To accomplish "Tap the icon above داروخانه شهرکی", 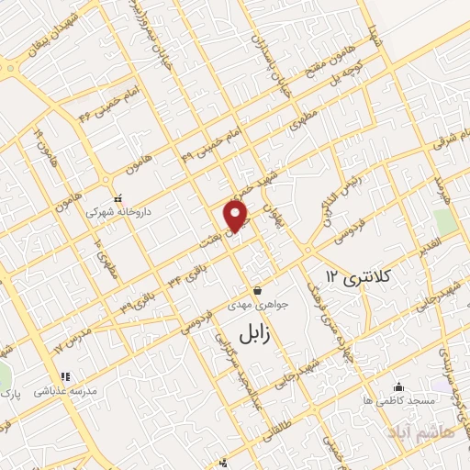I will (x=117, y=197).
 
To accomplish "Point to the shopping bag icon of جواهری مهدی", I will (x=257, y=290).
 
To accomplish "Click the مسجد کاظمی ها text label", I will (x=397, y=401).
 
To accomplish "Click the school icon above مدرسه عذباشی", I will (x=65, y=375).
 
